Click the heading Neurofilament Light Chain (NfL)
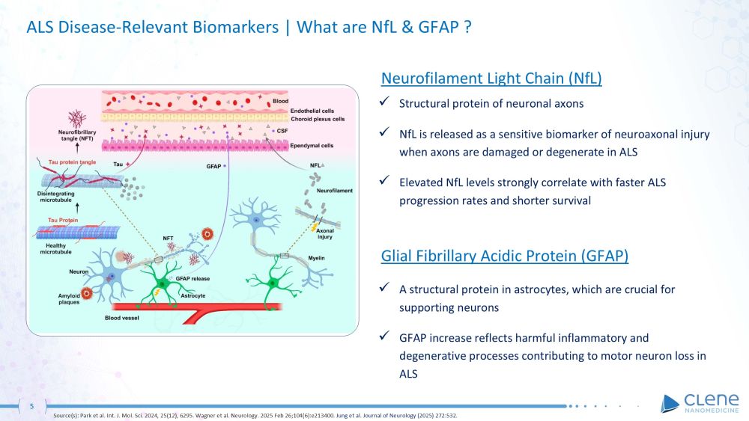(x=491, y=79)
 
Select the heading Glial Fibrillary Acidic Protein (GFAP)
(x=504, y=256)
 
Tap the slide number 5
(x=31, y=406)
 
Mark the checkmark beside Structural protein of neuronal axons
(x=384, y=102)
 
